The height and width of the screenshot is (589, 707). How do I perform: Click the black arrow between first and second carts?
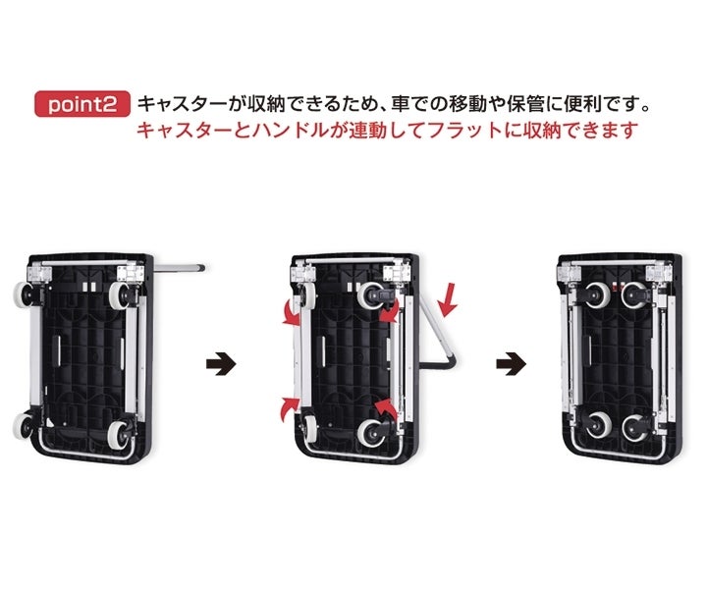pyautogui.click(x=222, y=362)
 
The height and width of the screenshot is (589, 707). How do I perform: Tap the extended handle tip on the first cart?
pyautogui.click(x=198, y=266)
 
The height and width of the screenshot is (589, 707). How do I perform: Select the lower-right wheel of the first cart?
pyautogui.click(x=118, y=433)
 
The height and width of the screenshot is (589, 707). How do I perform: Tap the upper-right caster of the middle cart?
pyautogui.click(x=376, y=293)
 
